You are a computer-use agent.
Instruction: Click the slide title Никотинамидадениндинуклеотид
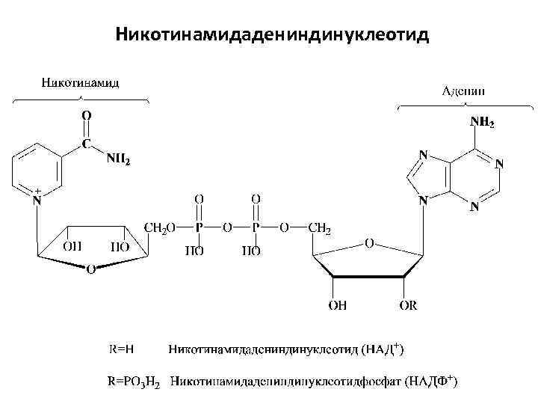point(273,35)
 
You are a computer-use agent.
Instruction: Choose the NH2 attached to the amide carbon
point(118,159)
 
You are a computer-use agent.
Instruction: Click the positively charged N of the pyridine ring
point(36,200)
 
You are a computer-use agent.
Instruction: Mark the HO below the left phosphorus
point(194,251)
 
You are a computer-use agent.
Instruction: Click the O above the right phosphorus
point(256,199)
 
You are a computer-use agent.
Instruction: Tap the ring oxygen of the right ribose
point(368,243)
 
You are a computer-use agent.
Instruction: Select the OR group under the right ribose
point(409,305)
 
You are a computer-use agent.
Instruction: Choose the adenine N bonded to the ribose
point(424,201)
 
